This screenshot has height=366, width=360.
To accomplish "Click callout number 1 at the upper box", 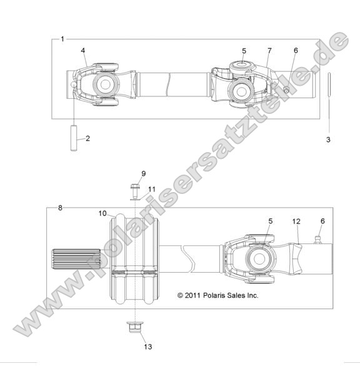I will click(x=62, y=39).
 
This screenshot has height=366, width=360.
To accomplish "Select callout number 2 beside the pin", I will click(x=87, y=138).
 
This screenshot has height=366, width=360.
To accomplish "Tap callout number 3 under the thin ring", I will click(x=328, y=140).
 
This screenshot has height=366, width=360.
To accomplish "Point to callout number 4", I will click(x=82, y=50).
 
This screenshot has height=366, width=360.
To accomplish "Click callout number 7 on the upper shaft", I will click(x=269, y=50).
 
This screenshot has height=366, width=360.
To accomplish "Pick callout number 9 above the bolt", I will click(x=143, y=173).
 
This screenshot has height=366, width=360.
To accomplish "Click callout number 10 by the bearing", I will click(x=102, y=213).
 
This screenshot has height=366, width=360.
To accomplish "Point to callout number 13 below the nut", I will click(x=147, y=346).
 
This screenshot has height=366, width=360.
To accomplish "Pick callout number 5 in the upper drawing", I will click(x=244, y=50).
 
